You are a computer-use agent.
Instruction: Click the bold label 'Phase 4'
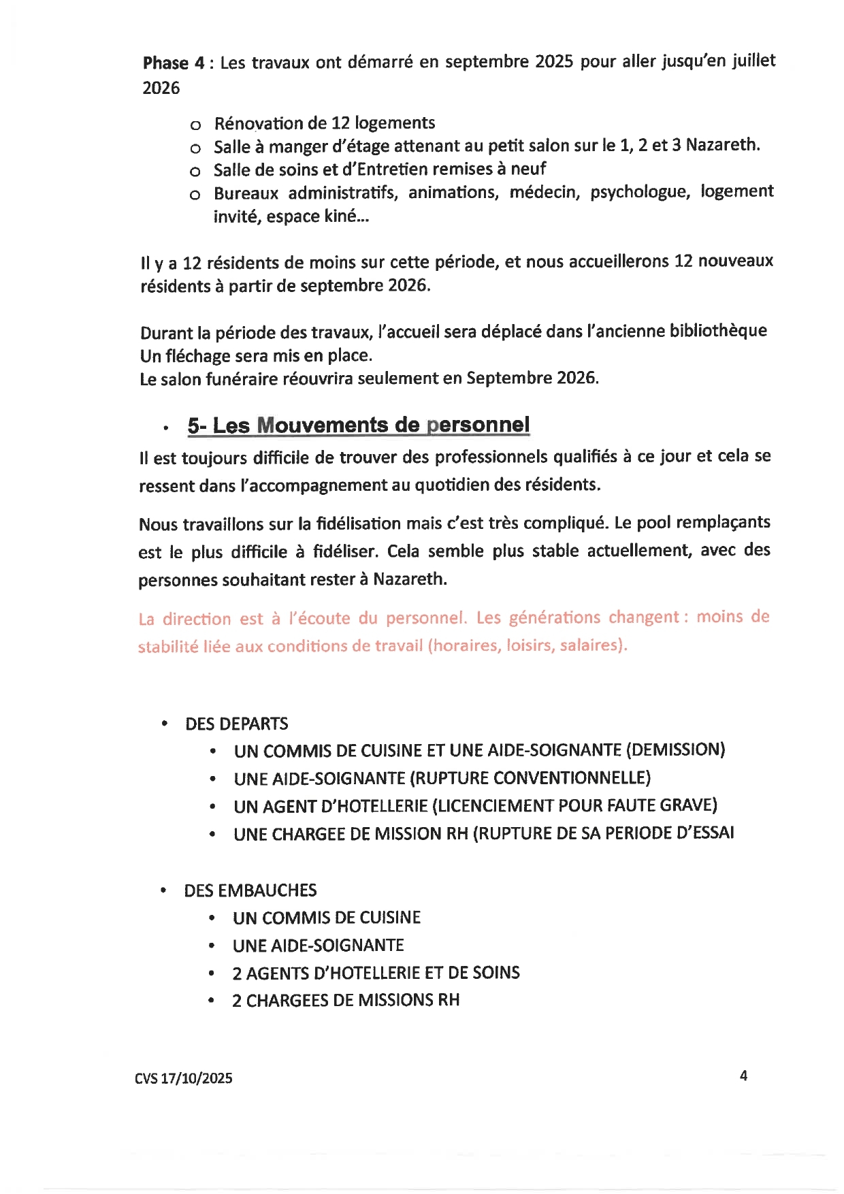173,63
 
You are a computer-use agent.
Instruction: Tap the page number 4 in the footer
743,1076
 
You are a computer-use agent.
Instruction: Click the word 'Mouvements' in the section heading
323,425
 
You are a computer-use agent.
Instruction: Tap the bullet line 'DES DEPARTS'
236,724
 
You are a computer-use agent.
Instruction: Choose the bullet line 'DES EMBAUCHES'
250,890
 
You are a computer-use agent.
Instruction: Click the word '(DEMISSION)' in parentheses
675,750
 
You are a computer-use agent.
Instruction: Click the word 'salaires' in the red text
591,645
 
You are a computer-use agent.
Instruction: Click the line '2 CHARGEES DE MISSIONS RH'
346,1000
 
